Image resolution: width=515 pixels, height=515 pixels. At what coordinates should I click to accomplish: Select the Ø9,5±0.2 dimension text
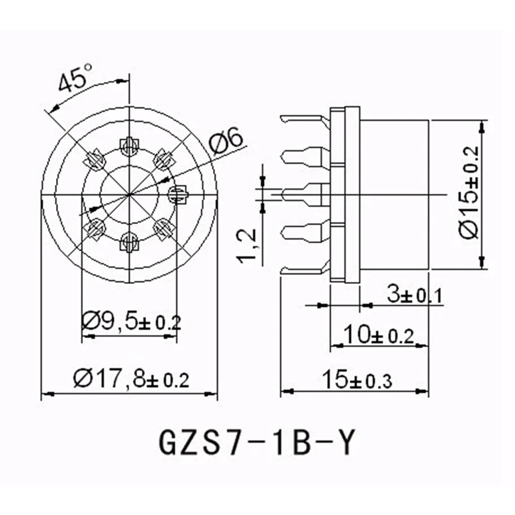(131, 320)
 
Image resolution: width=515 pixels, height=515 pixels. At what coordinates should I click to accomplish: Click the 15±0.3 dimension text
(358, 379)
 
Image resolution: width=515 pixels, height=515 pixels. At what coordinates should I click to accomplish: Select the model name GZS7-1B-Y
(256, 443)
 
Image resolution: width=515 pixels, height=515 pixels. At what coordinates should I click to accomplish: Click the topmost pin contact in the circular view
(131, 146)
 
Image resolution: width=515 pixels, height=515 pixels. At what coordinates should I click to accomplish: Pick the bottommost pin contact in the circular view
(131, 241)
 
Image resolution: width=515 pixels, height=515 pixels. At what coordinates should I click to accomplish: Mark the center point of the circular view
(131, 193)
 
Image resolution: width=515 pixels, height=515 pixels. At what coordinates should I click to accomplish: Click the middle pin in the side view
(306, 192)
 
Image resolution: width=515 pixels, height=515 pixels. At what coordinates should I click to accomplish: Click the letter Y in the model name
(345, 443)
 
